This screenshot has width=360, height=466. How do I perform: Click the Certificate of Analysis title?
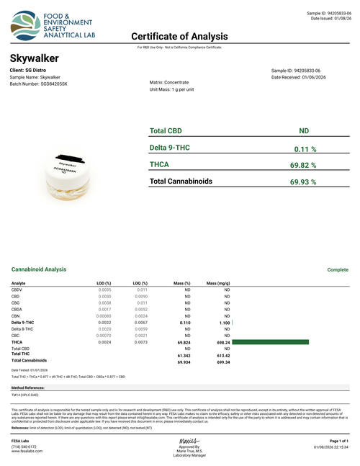point(179,36)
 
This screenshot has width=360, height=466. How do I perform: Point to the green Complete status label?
point(338,269)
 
